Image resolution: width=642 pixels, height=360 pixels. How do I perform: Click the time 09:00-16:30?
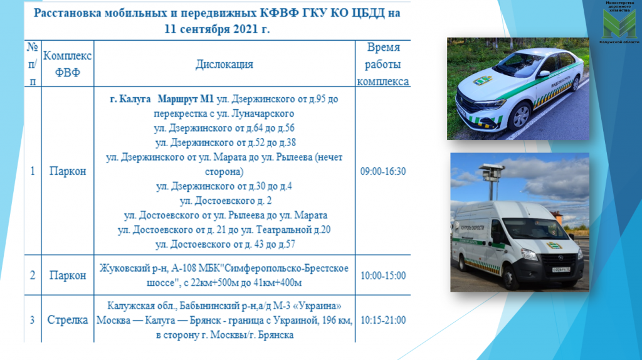click(x=382, y=171)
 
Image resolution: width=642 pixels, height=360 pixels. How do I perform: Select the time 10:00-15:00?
click(x=382, y=275)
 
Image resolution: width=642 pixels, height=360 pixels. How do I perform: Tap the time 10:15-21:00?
click(x=382, y=320)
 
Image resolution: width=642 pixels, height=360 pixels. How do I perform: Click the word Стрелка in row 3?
click(x=68, y=320)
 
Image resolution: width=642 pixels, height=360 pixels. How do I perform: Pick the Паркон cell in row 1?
click(x=68, y=171)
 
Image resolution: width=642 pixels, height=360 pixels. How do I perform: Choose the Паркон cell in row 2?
click(x=68, y=275)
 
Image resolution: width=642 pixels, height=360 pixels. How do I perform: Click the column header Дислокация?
click(x=224, y=64)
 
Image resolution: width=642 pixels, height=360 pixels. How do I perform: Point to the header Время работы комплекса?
click(x=382, y=64)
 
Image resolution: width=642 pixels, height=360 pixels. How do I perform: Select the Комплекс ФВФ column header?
click(x=68, y=64)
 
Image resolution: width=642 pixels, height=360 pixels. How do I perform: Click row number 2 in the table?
click(x=32, y=275)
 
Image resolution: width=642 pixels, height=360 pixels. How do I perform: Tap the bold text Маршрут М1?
click(x=186, y=100)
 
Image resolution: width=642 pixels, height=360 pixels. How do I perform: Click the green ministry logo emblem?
click(x=618, y=23)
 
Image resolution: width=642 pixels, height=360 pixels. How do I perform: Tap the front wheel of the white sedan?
click(x=520, y=117)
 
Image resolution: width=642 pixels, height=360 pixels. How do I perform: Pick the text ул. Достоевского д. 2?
click(x=224, y=201)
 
